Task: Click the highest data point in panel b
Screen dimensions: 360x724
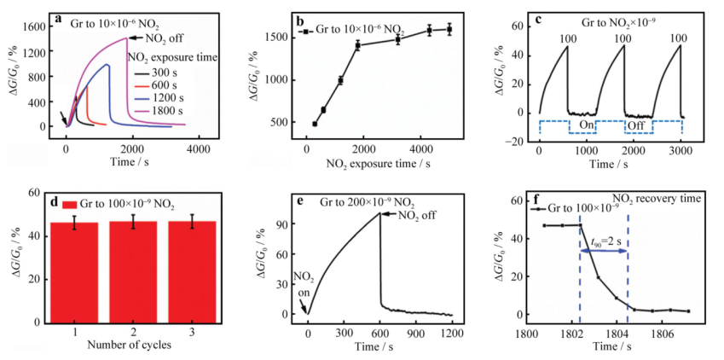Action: [x=449, y=29]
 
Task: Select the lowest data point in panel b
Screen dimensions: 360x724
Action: [x=314, y=124]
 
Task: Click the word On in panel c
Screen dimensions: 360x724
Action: [x=586, y=125]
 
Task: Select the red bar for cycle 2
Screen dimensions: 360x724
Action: [x=134, y=273]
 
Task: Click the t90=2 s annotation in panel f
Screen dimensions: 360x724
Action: [x=604, y=241]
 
